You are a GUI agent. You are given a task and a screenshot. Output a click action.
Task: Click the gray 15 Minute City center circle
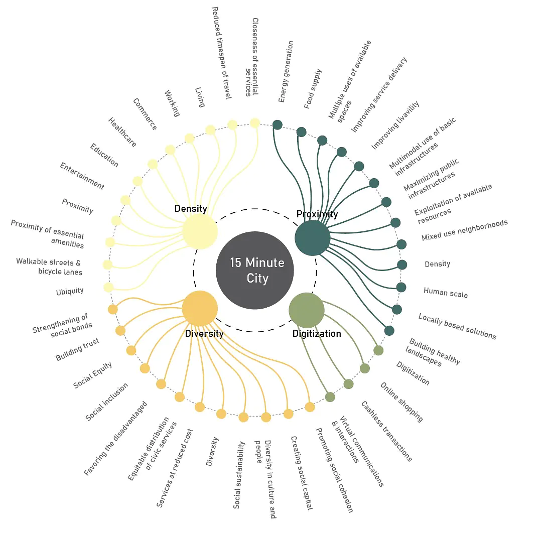point(254,270)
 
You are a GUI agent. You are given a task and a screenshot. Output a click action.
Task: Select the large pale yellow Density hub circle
point(200,231)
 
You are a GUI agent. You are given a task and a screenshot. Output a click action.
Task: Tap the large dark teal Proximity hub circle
point(312,238)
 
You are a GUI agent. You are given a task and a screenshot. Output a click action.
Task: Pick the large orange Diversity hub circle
point(200,309)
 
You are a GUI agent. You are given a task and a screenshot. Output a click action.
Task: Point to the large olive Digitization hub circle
point(307,310)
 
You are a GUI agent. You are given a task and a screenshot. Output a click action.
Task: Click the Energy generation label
point(286,72)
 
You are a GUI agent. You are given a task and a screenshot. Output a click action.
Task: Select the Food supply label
point(313,89)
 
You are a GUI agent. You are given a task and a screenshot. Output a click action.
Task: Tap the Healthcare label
point(122,132)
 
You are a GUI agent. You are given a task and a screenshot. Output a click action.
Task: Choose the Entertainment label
point(82,176)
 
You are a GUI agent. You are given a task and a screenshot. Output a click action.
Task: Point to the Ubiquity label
point(70,292)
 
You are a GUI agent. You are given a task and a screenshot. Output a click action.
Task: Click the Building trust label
point(77,349)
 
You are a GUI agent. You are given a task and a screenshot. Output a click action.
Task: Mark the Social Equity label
point(92,375)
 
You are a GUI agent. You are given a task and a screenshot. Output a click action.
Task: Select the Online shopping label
point(402,402)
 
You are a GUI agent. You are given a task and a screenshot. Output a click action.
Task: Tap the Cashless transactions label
point(386,431)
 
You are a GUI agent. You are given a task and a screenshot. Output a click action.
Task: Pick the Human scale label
point(446,293)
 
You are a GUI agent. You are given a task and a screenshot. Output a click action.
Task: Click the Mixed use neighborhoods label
point(464,230)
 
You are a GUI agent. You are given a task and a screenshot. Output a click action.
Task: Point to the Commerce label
point(145,114)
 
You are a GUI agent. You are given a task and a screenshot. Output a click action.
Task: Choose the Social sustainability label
point(239,475)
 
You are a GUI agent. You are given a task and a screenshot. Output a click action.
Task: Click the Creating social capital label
point(302,473)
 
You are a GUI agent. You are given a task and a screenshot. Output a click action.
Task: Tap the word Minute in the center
point(265,262)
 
